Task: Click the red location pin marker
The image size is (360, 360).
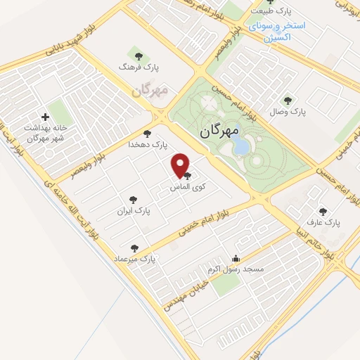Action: (x=181, y=166)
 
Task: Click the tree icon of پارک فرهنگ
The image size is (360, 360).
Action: (x=136, y=56)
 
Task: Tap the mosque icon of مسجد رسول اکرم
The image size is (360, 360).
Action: (x=236, y=258)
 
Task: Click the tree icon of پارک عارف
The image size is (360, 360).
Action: (x=323, y=211)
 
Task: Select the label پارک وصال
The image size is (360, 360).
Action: (x=289, y=112)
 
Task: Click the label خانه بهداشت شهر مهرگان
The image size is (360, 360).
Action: (x=46, y=132)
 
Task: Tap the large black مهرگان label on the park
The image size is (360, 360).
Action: (x=219, y=130)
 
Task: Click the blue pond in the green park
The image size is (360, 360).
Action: (x=240, y=146)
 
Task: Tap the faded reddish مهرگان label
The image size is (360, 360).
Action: (x=152, y=91)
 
